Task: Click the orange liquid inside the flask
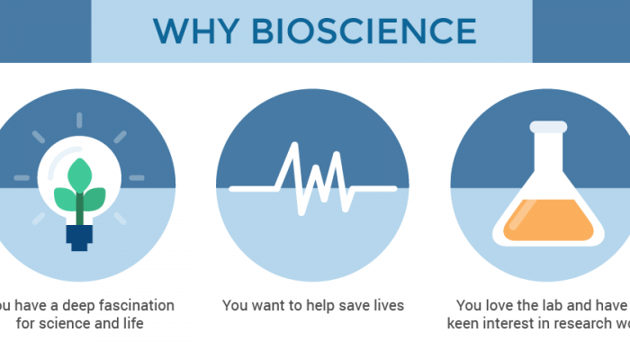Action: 545,220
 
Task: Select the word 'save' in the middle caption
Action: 352,306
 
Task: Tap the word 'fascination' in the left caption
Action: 132,306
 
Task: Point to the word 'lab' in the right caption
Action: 543,306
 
